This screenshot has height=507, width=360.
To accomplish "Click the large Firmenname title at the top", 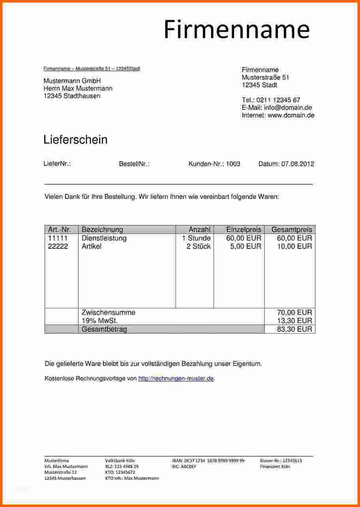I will pyautogui.click(x=236, y=30).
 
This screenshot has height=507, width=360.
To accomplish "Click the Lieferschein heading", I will pyautogui.click(x=75, y=140).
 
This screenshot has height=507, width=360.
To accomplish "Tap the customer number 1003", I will pyautogui.click(x=233, y=164).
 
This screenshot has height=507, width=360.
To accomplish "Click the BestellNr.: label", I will pyautogui.click(x=134, y=164).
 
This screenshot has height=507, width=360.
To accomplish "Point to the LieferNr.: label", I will pyautogui.click(x=57, y=164).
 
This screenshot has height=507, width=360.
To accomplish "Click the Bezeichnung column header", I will pyautogui.click(x=102, y=229).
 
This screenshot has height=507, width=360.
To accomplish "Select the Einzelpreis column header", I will pyautogui.click(x=244, y=229).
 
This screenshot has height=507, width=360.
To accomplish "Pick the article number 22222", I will pyautogui.click(x=58, y=246).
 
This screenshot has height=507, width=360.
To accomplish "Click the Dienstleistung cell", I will pyautogui.click(x=104, y=238).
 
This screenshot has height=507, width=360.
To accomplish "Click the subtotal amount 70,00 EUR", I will pyautogui.click(x=294, y=312).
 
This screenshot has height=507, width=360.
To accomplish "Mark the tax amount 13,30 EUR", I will pyautogui.click(x=294, y=321).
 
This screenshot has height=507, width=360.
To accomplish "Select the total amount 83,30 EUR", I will pyautogui.click(x=294, y=329).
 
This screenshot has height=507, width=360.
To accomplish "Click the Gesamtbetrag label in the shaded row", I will pyautogui.click(x=104, y=329).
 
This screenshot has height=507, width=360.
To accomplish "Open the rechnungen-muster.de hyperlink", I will pyautogui.click(x=176, y=378).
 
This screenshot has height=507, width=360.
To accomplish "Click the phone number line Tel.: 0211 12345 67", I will pyautogui.click(x=271, y=100).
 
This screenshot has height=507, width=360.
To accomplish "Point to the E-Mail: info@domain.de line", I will pyautogui.click(x=277, y=108).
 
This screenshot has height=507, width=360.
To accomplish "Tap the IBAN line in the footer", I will pyautogui.click(x=208, y=460).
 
